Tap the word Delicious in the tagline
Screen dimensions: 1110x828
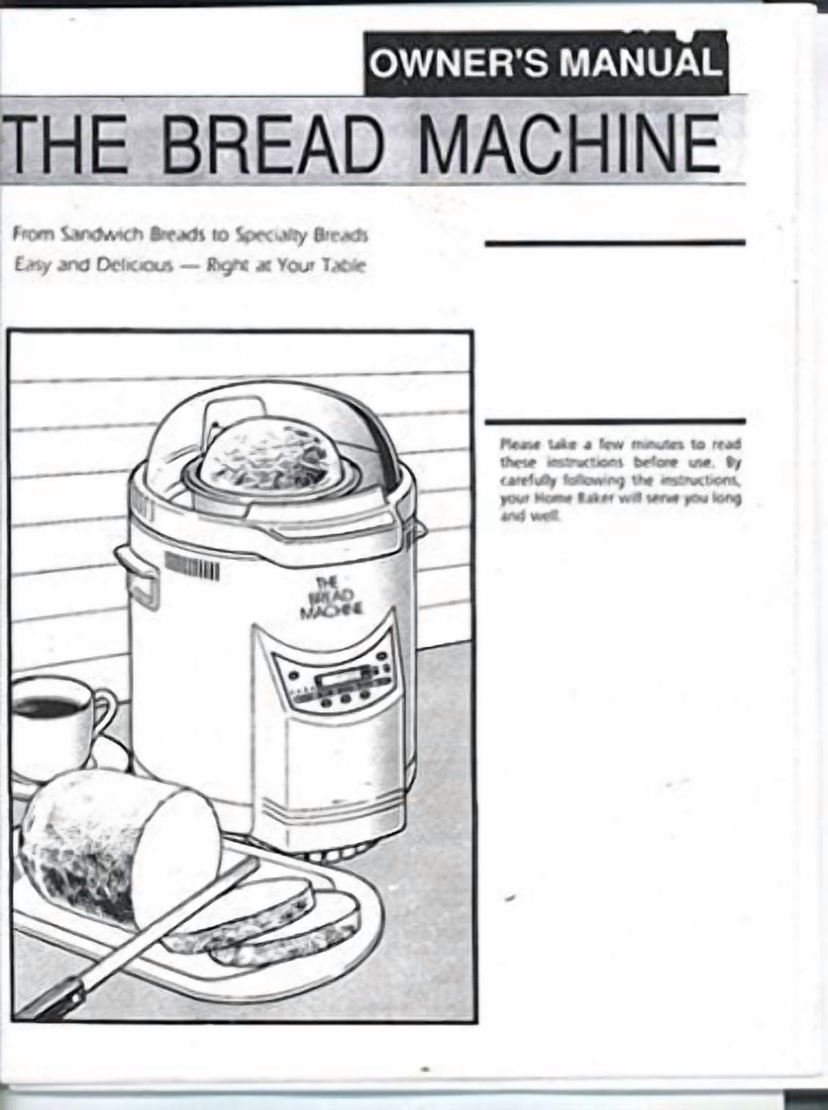tap(125, 266)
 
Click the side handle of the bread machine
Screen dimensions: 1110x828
tap(136, 577)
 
